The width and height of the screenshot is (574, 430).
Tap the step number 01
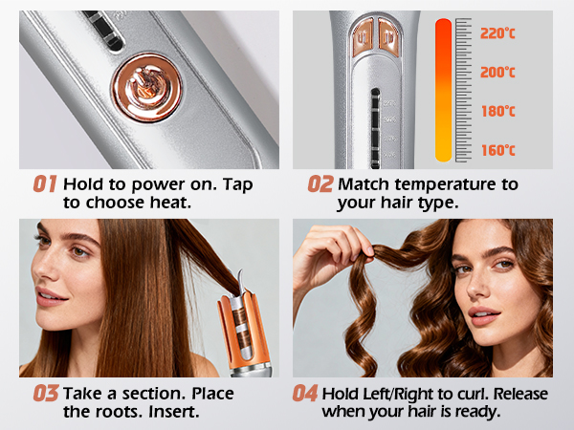click(45, 183)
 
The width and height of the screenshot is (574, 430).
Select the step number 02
click(320, 183)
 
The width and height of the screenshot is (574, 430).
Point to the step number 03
click(45, 393)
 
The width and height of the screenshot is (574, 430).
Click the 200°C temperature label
click(497, 72)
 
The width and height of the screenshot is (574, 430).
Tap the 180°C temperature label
click(497, 110)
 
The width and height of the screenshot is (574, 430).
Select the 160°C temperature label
click(497, 150)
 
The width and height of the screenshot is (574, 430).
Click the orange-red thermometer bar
click(444, 91)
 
